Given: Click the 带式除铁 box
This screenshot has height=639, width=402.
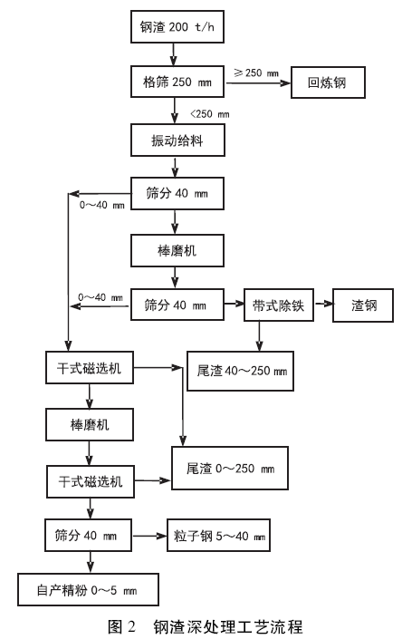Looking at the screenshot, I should tap(277, 305).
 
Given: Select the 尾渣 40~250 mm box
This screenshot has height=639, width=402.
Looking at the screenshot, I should tap(241, 371).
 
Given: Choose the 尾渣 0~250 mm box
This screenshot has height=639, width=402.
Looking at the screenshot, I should tap(229, 469).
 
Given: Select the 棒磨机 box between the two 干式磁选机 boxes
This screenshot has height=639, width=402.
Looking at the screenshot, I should tap(89, 423).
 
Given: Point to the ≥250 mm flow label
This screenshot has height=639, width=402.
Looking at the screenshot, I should tap(255, 71).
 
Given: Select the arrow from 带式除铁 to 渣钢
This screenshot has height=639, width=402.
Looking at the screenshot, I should tap(322, 305).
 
